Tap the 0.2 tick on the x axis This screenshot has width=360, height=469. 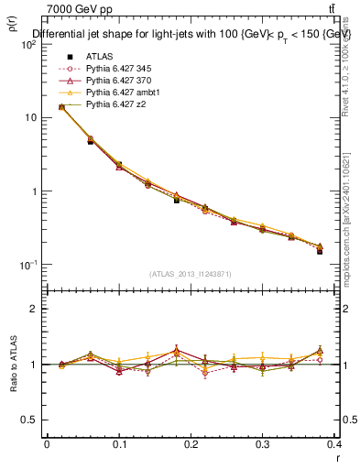click(191, 444)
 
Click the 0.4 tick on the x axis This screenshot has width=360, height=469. click(334, 444)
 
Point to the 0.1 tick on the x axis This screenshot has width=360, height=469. click(118, 444)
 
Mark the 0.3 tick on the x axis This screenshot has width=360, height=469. click(262, 444)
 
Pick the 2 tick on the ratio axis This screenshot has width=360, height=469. click(34, 309)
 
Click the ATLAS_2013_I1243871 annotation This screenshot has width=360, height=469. click(190, 274)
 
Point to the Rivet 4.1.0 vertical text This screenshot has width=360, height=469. click(351, 68)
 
